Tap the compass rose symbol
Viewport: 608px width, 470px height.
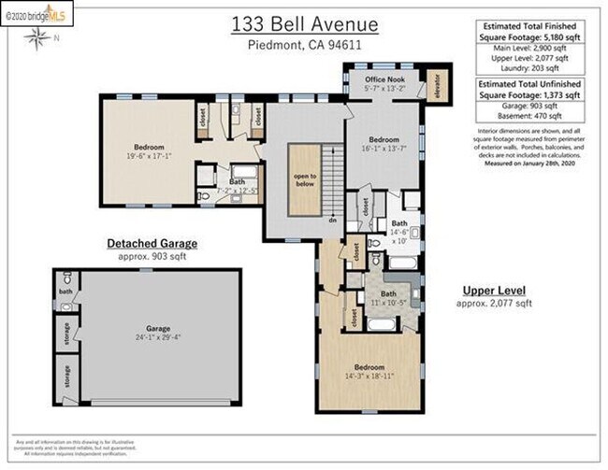point(37,37)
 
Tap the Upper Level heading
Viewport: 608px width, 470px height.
point(494,291)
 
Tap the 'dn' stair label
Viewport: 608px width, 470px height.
point(332,220)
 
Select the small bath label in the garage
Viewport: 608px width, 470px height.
point(64,292)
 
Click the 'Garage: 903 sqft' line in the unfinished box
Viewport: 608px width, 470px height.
point(529,107)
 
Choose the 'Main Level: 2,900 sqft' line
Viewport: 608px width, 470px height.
point(529,48)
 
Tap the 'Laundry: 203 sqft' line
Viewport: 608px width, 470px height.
point(529,67)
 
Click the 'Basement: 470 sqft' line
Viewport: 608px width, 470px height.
point(529,117)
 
